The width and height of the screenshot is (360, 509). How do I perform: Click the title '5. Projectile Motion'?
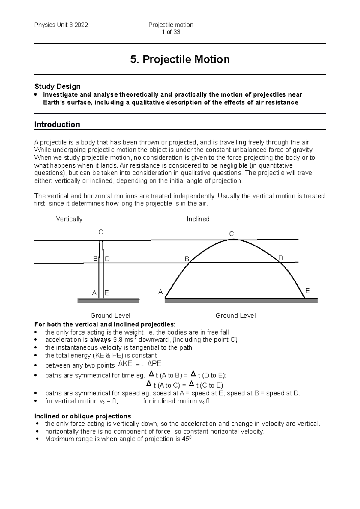180,59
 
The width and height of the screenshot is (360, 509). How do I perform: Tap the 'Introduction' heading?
57,124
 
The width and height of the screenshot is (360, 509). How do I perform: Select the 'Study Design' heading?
57,86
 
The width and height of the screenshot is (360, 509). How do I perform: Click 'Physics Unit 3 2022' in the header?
61,25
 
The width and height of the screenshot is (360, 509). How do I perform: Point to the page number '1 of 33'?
171,32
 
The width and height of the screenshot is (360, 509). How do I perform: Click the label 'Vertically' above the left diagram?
69,219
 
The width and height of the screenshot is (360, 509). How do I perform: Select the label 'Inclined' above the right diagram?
198,219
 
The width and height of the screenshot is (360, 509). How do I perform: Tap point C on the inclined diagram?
232,234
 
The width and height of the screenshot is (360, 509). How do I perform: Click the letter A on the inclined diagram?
160,292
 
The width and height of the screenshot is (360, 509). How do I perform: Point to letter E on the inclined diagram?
307,291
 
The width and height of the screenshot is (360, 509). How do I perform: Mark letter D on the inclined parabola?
281,258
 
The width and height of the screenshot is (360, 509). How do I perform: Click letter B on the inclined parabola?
187,259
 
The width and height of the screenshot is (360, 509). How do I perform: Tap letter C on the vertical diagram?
101,232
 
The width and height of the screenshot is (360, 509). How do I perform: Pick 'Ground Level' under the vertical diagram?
110,316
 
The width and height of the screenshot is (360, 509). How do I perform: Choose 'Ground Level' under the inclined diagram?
235,316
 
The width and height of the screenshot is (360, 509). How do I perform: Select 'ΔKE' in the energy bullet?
125,364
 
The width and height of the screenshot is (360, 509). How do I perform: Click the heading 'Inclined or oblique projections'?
82,416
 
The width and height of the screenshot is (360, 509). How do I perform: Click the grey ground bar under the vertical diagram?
108,301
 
